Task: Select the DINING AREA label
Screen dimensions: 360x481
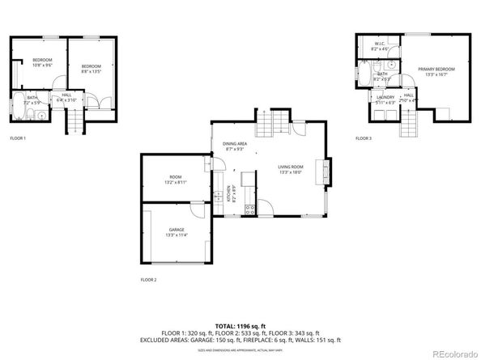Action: (x=236, y=143)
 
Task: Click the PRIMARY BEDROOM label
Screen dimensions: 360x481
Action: (x=436, y=70)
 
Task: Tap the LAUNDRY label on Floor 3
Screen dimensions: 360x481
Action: (x=385, y=97)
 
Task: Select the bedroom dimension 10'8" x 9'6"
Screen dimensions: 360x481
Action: (x=42, y=66)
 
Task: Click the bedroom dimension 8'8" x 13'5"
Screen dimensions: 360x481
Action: (x=90, y=71)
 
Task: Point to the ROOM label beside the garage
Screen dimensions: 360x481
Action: (x=176, y=176)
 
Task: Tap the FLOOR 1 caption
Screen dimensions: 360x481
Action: (x=18, y=138)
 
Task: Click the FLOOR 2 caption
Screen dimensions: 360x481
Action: (x=148, y=280)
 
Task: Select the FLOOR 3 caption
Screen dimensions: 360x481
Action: (x=364, y=138)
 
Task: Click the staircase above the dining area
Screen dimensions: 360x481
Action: (x=272, y=125)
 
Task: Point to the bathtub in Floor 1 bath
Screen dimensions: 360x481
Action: (x=19, y=104)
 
